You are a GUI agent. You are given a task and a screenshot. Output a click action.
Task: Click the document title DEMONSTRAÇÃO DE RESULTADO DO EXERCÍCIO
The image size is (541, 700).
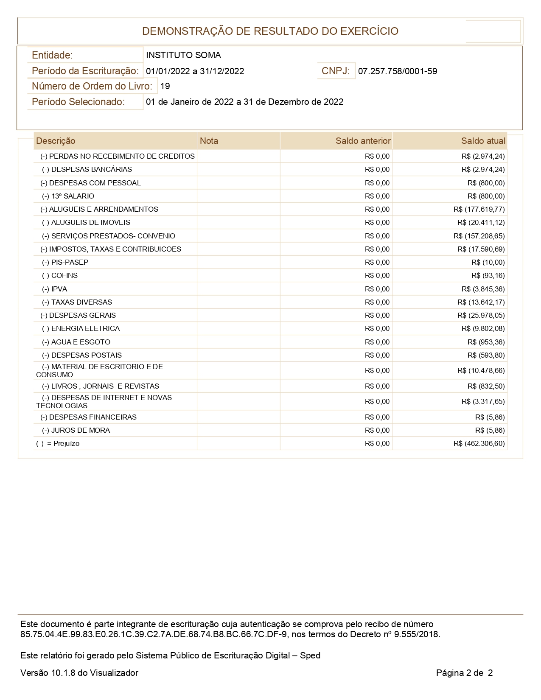tap(270, 31)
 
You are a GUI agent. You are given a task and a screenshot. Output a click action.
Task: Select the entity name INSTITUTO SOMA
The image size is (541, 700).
tap(183, 55)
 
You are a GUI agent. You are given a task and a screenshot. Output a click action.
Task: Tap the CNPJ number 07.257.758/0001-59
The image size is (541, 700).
tap(398, 71)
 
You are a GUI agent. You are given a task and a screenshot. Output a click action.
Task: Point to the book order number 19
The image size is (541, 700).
tap(165, 86)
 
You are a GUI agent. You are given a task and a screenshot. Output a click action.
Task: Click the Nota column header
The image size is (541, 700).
tap(209, 141)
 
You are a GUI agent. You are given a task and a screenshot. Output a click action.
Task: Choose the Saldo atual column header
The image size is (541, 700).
tap(483, 141)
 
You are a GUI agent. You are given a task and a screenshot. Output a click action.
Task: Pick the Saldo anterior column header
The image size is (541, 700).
tap(363, 141)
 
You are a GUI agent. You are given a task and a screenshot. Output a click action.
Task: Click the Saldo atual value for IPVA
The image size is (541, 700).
tap(483, 289)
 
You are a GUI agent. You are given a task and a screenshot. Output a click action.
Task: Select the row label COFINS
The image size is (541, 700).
tap(64, 275)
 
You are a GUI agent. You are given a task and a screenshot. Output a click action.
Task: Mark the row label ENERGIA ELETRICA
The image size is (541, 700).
tap(85, 328)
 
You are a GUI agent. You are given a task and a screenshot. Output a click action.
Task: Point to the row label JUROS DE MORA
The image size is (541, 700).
tap(80, 430)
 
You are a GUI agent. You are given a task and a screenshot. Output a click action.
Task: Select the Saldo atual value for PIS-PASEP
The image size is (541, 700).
tap(488, 262)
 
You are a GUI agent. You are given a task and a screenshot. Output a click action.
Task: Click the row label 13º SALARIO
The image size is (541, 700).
tap(73, 196)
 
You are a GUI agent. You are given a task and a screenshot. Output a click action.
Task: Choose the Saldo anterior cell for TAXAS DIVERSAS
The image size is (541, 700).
tap(377, 302)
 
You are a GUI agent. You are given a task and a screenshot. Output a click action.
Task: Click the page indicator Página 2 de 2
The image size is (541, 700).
tap(464, 673)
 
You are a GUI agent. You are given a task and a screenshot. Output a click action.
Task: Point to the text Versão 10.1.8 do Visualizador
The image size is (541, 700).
tap(79, 673)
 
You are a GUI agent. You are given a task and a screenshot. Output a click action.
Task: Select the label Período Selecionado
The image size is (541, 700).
tap(78, 102)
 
